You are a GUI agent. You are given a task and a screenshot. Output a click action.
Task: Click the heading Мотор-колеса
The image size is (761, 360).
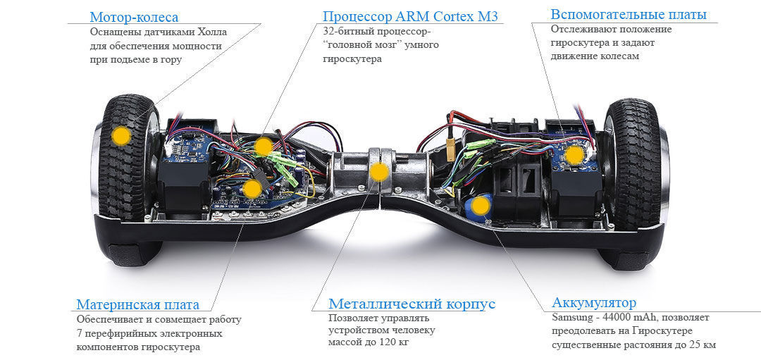pos(135,17)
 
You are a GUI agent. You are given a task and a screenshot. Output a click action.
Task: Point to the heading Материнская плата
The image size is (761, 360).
pos(137,304)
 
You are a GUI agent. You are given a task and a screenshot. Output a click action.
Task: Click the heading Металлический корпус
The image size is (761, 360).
pos(412,304)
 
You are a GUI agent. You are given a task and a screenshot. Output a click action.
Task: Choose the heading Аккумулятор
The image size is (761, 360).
pos(594,303)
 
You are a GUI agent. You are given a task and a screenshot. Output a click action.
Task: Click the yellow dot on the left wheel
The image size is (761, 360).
pos(122,135)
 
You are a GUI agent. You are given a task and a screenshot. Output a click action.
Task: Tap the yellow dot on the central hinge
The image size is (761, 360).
pos(379,171)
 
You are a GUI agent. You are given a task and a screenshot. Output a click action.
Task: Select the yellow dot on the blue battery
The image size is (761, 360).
pos(480,206)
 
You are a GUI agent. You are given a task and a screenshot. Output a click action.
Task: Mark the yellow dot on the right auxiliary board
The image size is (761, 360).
pos(575,154)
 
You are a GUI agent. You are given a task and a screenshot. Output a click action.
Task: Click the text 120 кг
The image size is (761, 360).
pos(395,342)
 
